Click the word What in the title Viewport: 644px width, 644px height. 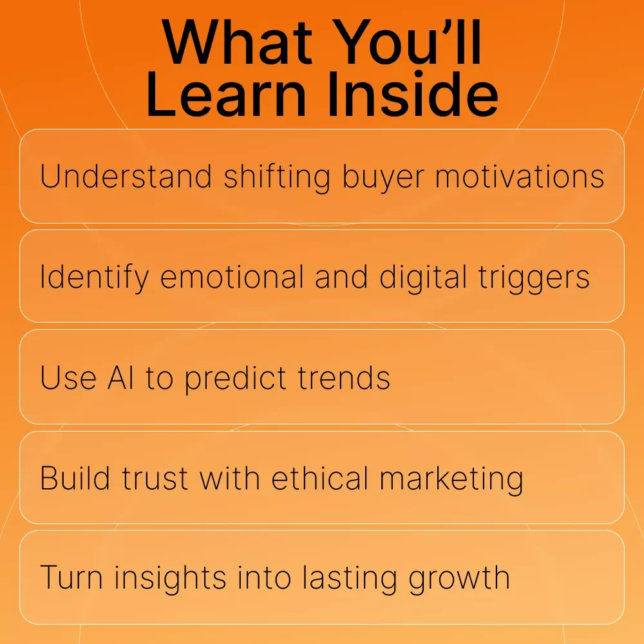click(x=238, y=43)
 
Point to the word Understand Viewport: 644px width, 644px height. click(x=126, y=176)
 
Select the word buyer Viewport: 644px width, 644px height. click(x=383, y=179)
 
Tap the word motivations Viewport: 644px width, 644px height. click(x=520, y=177)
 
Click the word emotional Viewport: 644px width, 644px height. click(x=232, y=277)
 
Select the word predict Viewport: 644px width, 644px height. click(x=235, y=379)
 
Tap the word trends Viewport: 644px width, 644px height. click(x=344, y=377)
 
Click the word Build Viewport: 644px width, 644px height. click(x=75, y=478)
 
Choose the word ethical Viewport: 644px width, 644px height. click(x=319, y=478)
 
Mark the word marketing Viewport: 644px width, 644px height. click(x=451, y=479)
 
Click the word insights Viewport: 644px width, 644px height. click(x=171, y=578)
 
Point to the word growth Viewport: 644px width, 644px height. click(x=459, y=579)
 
